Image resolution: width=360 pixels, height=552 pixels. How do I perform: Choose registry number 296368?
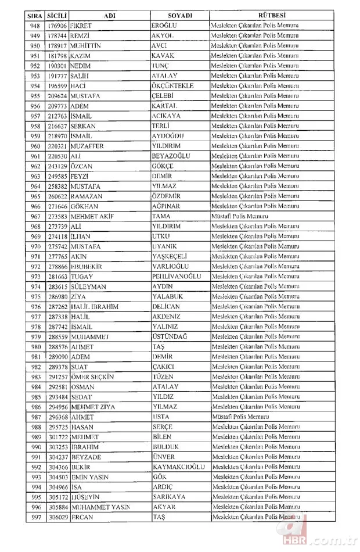click(x=58, y=417)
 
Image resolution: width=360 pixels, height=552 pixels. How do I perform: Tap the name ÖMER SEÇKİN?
click(x=92, y=377)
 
